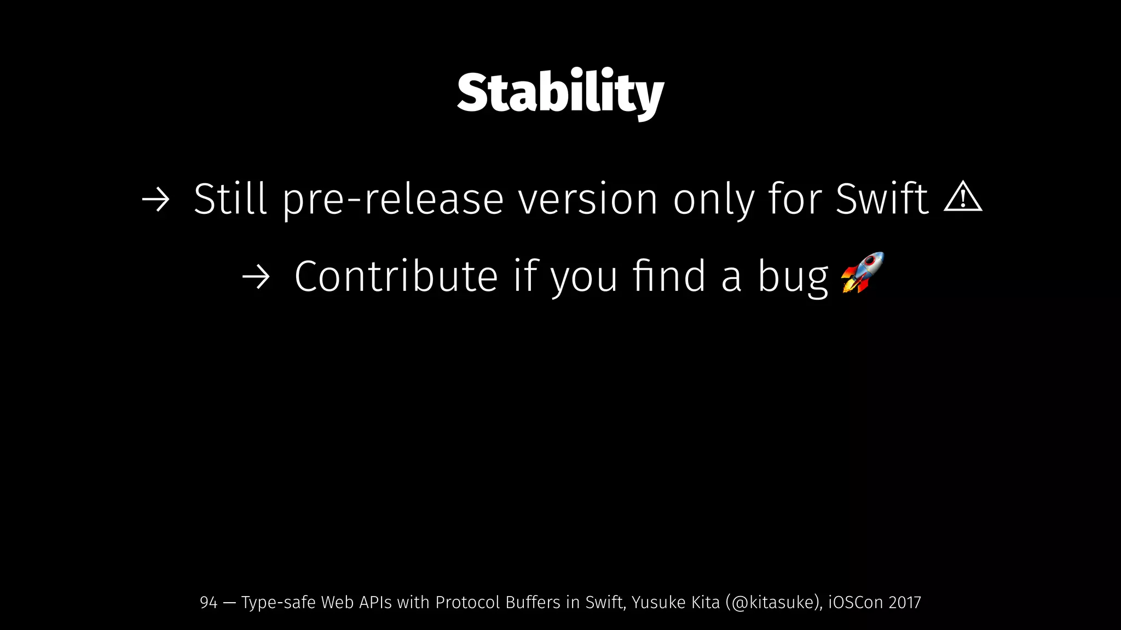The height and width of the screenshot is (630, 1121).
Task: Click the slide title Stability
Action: point(560,93)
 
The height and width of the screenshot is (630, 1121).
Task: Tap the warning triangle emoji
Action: point(963,197)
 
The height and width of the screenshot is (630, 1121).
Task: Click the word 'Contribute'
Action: point(396,276)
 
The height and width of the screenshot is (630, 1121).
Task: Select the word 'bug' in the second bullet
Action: point(793,277)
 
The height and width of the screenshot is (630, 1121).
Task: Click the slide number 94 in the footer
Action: point(209,603)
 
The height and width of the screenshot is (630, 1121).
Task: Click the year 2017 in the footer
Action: point(905,603)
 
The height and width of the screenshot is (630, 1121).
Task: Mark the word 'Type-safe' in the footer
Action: point(278,603)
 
